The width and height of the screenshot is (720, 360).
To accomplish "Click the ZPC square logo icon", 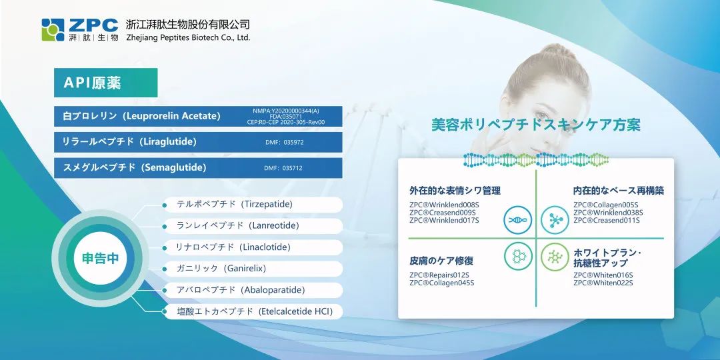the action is click(x=53, y=30).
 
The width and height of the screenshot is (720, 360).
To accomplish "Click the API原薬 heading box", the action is click(x=105, y=83).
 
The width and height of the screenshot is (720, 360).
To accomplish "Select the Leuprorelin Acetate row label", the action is click(x=141, y=116).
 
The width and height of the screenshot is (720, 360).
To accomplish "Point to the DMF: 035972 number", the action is click(x=284, y=143).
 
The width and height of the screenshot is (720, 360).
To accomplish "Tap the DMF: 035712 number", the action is click(x=283, y=168).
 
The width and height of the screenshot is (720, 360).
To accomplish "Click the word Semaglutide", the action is click(x=174, y=167).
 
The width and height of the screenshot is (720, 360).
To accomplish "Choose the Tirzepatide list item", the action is click(x=253, y=205).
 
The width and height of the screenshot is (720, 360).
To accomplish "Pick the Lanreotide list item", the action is click(x=253, y=226).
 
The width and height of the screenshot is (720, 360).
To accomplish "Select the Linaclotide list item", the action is click(x=253, y=247).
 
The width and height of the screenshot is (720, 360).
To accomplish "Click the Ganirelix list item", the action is click(x=253, y=269).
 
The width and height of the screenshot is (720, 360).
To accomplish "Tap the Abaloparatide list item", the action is click(x=253, y=290).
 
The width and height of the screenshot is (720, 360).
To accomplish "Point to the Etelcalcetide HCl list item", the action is click(x=253, y=312).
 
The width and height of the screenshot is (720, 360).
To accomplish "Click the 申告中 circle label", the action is click(x=100, y=258).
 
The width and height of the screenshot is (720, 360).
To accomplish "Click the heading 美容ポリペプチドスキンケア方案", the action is click(x=536, y=125).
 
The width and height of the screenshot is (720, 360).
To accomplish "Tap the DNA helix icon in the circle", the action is click(x=517, y=219).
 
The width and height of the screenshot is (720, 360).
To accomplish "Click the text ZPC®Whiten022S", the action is click(x=603, y=283).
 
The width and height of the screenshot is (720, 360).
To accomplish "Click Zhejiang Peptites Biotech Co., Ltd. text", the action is click(x=188, y=37).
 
